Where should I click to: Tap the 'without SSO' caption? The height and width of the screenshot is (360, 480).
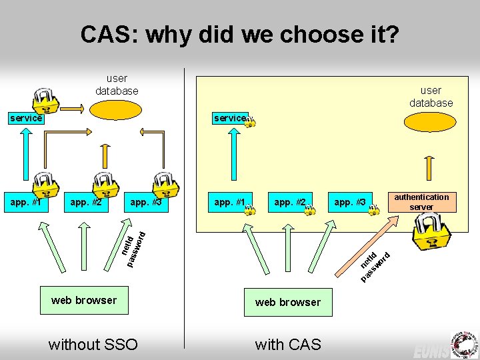pos(93,344)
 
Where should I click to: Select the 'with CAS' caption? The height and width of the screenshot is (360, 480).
pos(288,344)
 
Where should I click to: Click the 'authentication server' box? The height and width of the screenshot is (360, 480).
pos(421,202)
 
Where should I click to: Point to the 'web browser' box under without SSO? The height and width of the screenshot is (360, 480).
pos(84,300)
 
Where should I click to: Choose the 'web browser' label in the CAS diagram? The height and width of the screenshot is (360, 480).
pos(288,302)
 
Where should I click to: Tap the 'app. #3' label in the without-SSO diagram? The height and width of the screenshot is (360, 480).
pos(146,201)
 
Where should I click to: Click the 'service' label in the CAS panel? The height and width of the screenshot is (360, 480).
pos(229,118)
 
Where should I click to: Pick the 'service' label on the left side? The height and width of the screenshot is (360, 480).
pos(25,118)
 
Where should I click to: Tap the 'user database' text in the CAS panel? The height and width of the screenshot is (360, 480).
pos(431,97)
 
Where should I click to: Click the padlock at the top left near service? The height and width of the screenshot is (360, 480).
pos(46,99)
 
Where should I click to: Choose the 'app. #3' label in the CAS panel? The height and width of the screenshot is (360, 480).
pos(349,202)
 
